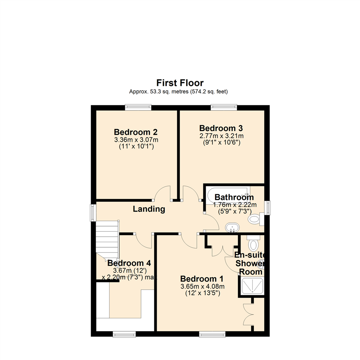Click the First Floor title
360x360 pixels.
pos(180,83)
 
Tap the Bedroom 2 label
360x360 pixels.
pos(136,131)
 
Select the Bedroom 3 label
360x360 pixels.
pos(221,128)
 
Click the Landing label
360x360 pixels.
pos(149,209)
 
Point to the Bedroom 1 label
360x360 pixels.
pos(202,279)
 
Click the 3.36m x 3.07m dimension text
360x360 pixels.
pos(136,140)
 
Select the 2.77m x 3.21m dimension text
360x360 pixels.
pos(221,136)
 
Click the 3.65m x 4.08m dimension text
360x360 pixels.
pos(202,287)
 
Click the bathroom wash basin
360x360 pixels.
pos(232,228)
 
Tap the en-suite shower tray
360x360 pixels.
pos(252,286)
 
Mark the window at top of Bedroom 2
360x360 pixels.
pos(138,107)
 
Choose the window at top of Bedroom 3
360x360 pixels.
pos(224,107)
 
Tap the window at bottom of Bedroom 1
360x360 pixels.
pos(212,334)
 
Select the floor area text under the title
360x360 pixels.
pos(180,91)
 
